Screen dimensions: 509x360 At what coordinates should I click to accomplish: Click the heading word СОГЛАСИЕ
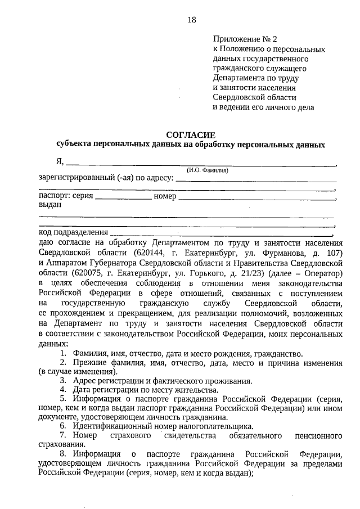(191, 135)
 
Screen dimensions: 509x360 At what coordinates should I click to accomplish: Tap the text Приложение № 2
(245, 39)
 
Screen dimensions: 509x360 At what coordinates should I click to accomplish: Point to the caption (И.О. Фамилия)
(208, 170)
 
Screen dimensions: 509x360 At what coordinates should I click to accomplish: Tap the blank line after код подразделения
(222, 233)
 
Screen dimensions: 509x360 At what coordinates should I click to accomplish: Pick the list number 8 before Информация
(63, 454)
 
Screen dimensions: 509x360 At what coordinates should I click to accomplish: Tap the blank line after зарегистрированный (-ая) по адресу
(256, 180)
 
